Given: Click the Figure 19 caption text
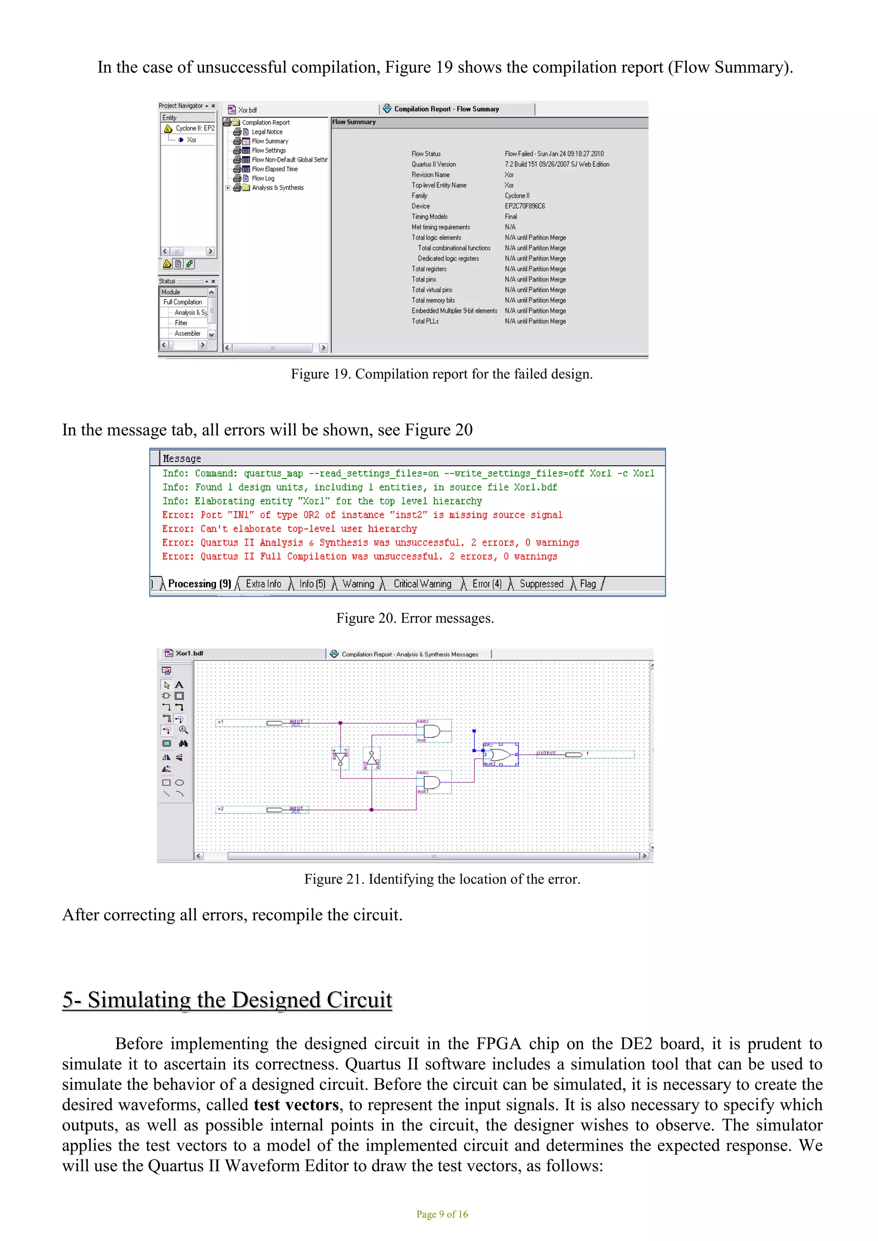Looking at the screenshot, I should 442,374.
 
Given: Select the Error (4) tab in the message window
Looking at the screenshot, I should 487,584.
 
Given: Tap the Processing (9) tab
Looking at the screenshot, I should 199,584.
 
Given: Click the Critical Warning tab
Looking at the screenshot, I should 422,584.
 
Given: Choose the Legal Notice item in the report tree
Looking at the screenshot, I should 267,132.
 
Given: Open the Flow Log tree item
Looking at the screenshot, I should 263,178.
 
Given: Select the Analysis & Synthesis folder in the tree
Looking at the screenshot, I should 277,188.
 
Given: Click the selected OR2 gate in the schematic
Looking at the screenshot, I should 501,755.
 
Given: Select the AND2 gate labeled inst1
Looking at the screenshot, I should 432,782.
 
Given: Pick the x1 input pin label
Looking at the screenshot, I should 221,722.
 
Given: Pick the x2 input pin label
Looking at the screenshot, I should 221,809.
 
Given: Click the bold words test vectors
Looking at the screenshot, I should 296,1105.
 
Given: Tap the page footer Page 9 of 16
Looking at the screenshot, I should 442,1214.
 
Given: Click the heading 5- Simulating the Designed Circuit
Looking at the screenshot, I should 227,1000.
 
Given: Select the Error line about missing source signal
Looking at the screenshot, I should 362,515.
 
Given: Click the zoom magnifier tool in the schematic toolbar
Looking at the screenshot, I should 183,730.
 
